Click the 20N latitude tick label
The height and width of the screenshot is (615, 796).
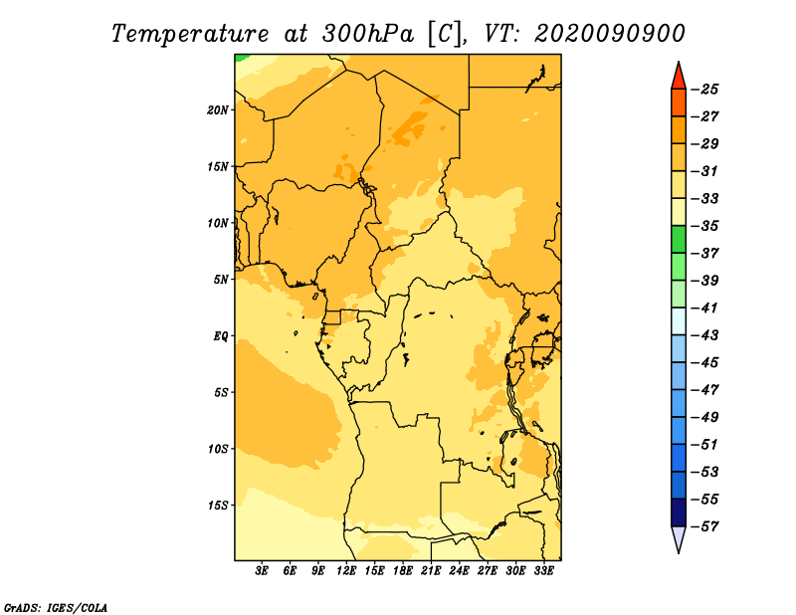point(218,110)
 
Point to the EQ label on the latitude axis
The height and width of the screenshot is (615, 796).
point(220,336)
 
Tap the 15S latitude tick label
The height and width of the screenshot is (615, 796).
point(218,506)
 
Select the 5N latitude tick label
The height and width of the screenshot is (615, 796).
point(221,280)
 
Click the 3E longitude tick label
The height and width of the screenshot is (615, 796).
point(262,571)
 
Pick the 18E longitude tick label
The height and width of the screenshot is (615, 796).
point(403,571)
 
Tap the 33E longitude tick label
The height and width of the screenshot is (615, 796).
point(543,571)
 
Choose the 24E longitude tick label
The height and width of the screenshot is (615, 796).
point(459,571)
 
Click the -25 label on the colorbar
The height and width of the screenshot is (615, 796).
point(704,90)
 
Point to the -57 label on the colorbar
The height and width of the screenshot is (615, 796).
point(704,526)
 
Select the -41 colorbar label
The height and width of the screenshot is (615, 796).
point(704,307)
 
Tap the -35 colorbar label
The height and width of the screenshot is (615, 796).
point(704,226)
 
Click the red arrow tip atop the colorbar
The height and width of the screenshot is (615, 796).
point(679,62)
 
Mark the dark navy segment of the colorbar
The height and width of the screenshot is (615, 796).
point(679,512)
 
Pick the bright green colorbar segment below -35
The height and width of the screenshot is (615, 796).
point(679,239)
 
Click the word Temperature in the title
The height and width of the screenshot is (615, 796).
point(189,34)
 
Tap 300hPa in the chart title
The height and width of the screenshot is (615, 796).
point(368,34)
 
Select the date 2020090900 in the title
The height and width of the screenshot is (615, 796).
point(609,34)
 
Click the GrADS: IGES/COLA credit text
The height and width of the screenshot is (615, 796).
point(56,607)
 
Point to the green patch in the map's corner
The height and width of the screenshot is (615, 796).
point(240,58)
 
